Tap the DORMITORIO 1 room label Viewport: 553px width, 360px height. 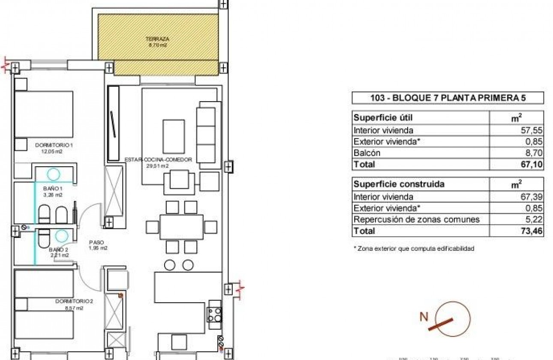(x=54, y=146)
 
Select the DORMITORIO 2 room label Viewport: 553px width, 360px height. (x=74, y=301)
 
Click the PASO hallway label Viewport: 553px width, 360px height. (x=98, y=242)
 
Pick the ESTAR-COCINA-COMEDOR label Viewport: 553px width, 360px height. (x=158, y=160)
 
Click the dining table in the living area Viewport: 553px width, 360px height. (x=181, y=227)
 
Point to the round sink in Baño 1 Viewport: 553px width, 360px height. (x=54, y=174)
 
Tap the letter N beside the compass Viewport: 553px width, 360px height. (x=424, y=317)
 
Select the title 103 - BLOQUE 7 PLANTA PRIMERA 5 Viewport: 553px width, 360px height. (x=448, y=98)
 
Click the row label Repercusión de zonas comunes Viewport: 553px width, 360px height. (x=416, y=220)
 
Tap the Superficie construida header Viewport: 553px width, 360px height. (x=398, y=184)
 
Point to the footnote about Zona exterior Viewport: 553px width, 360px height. (x=413, y=249)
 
